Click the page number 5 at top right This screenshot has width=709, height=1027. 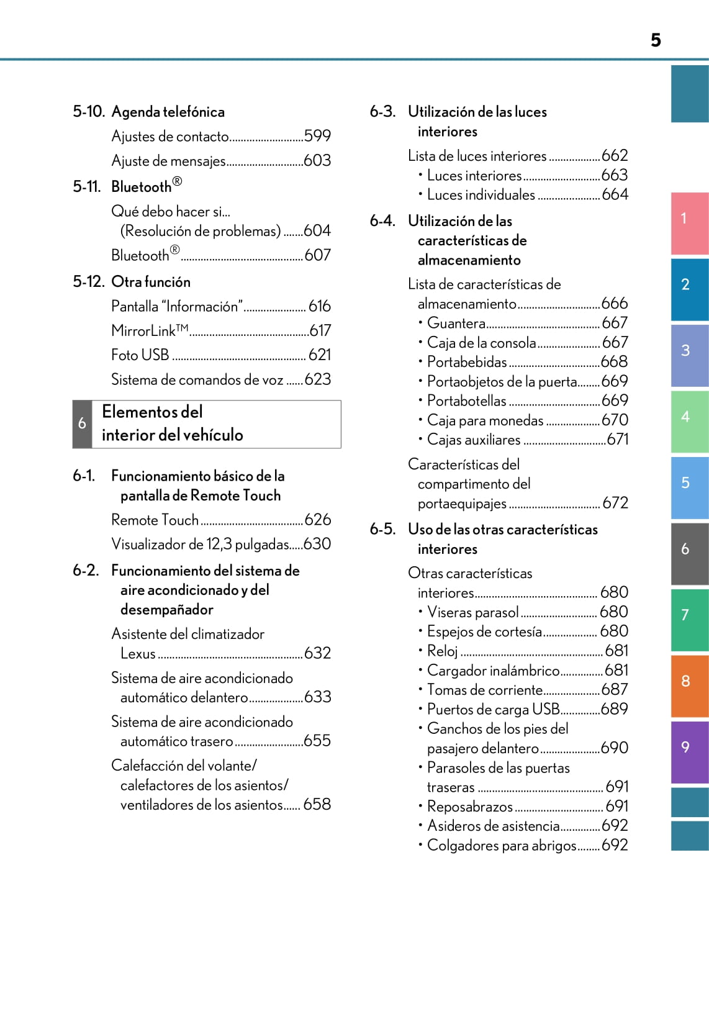coord(656,40)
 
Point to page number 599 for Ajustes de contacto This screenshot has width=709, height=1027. coord(317,136)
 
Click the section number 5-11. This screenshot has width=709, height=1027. coord(86,187)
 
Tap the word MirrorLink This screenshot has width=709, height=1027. coord(143,331)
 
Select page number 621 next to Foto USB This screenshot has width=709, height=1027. coord(320,355)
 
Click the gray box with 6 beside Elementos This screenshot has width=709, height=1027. coord(82,424)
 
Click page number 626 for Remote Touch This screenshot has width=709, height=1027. coord(318,520)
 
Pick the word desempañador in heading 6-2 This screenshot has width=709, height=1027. coord(167,610)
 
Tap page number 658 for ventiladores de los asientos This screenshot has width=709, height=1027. coord(317,805)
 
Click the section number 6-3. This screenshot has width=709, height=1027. coord(382,112)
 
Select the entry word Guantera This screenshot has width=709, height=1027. coord(456,323)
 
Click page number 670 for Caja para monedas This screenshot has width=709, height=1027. coord(615,420)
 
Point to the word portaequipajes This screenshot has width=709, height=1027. coord(462,504)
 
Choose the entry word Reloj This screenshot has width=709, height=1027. coord(443,651)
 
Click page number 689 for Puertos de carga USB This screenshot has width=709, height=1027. coord(615,709)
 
